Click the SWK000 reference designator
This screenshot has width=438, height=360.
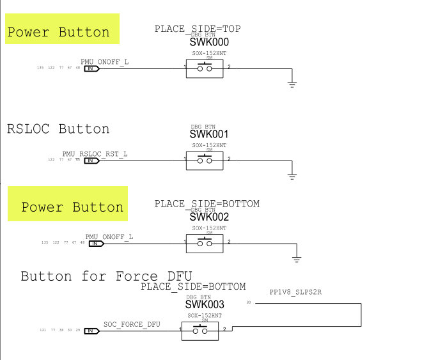pos(209,42)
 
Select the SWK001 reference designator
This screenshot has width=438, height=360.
pos(209,134)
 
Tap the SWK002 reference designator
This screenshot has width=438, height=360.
pos(209,217)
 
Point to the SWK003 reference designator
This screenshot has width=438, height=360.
pos(205,304)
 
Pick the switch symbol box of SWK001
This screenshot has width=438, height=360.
pos(205,160)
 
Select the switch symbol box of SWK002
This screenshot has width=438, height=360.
pos(205,243)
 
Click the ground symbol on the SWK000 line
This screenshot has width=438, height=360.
pos(292,84)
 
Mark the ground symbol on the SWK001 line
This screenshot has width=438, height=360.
pos(292,174)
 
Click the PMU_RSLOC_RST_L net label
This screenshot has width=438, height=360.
pos(95,154)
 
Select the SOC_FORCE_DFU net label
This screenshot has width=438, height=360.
pos(132,324)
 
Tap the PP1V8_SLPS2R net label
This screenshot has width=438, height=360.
pos(295,292)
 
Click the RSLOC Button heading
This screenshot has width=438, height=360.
pos(58,129)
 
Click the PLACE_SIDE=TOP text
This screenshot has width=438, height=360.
pos(198,29)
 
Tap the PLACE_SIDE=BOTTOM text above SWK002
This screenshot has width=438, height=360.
pos(207,203)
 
